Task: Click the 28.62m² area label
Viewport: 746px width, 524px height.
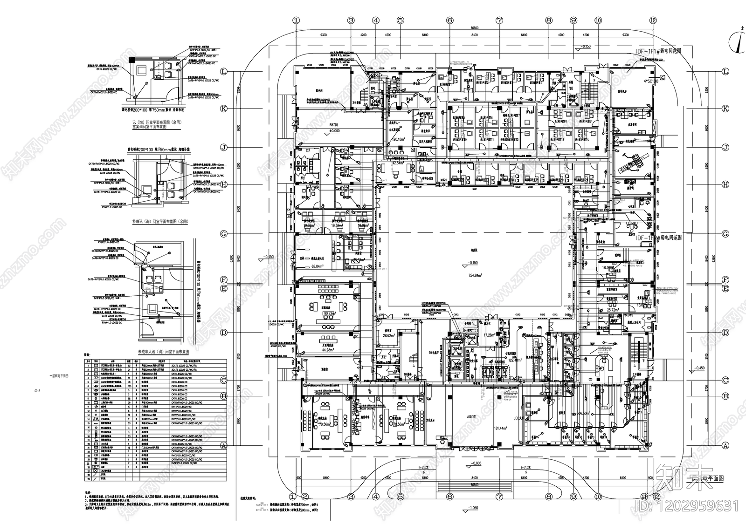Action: [x=389, y=335]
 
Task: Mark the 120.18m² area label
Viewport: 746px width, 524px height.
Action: [x=399, y=139]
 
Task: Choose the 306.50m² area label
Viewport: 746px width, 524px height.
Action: [x=571, y=413]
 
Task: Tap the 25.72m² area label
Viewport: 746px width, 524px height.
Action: [x=612, y=310]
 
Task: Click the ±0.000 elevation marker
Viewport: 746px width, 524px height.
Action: [x=334, y=131]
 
